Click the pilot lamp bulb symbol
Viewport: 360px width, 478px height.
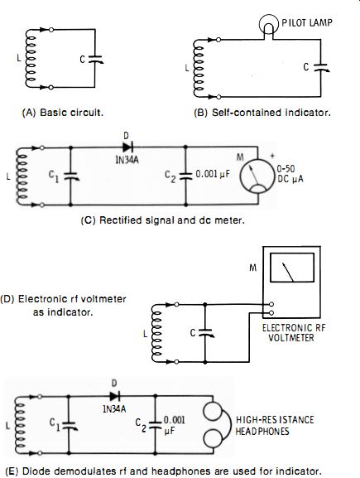coord(269,24)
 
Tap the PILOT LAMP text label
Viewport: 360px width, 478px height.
coord(307,22)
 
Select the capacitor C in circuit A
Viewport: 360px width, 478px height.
coord(96,59)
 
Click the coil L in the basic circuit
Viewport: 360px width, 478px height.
coord(31,59)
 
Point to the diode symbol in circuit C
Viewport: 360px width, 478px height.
coord(128,147)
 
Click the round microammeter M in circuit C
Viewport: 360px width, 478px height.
coord(257,176)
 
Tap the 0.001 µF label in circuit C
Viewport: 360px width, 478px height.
coord(213,174)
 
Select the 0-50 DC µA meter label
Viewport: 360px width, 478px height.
coord(290,174)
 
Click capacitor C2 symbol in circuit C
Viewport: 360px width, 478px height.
coord(185,176)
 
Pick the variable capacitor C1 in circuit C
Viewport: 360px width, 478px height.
coord(71,176)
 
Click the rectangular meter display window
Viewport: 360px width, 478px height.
coord(292,268)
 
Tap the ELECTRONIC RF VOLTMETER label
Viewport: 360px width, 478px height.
coord(293,333)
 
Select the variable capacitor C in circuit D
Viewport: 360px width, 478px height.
coord(206,332)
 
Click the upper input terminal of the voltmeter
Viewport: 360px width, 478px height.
coord(271,304)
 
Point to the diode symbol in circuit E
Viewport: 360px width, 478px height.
coord(114,396)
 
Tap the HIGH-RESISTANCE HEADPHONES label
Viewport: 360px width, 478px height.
coord(275,425)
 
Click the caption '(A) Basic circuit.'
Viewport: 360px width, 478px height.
coord(63,113)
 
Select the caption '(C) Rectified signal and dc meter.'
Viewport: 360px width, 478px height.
coord(163,220)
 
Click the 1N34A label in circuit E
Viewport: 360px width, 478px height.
coord(114,408)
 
